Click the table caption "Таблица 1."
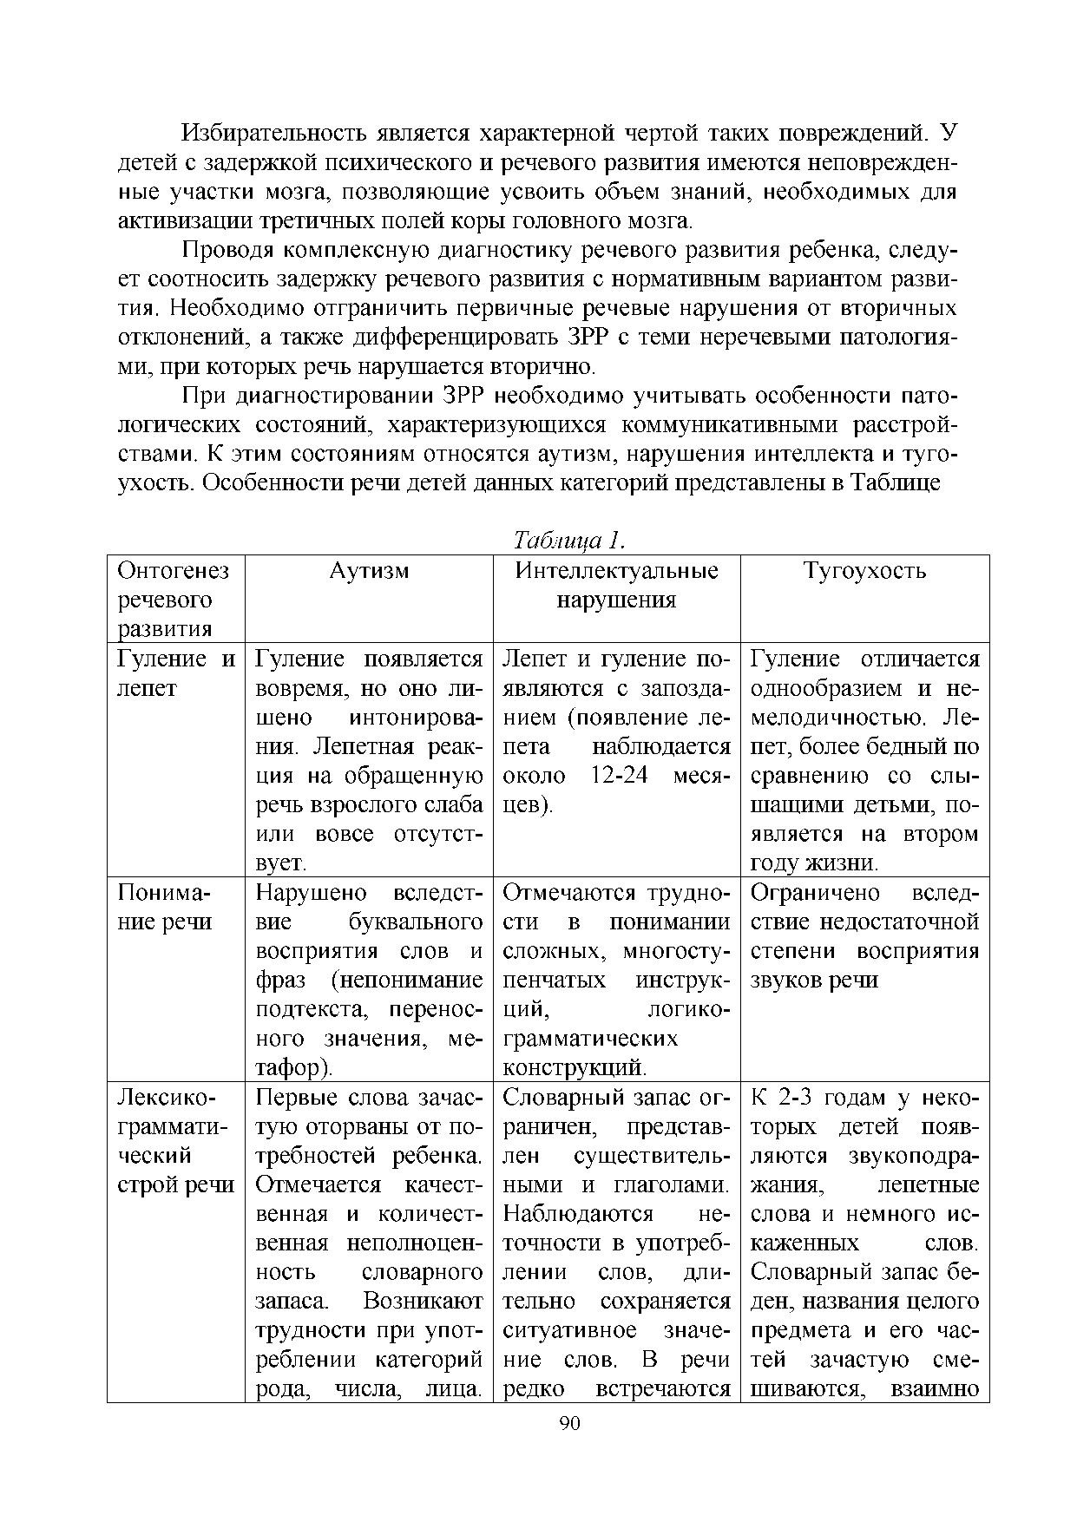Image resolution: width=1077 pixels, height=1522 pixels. point(569,541)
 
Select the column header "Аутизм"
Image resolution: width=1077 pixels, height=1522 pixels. point(369,571)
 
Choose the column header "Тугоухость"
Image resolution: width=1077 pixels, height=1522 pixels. point(864,571)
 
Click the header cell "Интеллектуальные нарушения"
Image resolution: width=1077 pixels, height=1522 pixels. point(616,586)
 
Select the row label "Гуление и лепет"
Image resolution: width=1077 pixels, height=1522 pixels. point(175,674)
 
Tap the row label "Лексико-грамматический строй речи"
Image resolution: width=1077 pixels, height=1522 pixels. point(175,1141)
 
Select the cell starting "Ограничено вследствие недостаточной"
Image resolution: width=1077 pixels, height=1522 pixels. point(864,936)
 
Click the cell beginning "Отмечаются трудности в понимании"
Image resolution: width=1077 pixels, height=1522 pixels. point(616,981)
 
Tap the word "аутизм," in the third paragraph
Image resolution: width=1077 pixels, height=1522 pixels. point(581,454)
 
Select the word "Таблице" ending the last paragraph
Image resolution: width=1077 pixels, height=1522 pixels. point(896,483)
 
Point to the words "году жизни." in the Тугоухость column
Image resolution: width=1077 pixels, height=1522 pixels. point(814,863)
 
